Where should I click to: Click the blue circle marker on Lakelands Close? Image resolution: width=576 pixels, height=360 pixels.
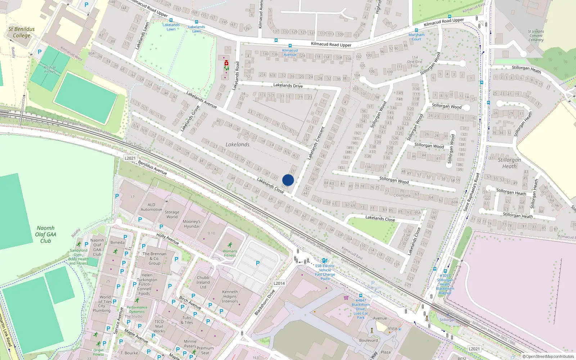[288, 180]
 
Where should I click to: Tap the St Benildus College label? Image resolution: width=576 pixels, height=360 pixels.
[22, 32]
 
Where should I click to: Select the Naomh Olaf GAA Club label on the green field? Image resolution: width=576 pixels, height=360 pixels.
[46, 234]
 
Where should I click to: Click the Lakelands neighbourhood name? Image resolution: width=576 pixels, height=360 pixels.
[237, 144]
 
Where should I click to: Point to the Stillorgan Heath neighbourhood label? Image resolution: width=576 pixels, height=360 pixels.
[509, 163]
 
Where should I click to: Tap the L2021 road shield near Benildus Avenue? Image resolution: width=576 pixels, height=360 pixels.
[130, 158]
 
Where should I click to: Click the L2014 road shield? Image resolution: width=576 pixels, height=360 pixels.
[279, 283]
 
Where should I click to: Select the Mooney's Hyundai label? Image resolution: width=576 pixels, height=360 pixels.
[192, 224]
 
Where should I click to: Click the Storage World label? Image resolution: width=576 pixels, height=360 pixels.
[172, 215]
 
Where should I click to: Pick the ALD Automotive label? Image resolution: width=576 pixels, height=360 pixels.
[151, 207]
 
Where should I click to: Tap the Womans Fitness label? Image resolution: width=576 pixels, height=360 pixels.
[230, 253]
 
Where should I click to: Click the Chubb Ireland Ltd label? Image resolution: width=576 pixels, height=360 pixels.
[203, 282]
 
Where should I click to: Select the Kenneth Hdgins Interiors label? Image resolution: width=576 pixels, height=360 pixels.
[230, 296]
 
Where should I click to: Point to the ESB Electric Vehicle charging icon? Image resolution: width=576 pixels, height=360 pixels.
[325, 261]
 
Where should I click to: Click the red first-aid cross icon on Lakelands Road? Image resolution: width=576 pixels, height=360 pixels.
[226, 63]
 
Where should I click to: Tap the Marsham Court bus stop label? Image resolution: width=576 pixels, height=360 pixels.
[417, 37]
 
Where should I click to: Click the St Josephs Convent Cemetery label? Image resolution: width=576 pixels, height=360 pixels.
[536, 36]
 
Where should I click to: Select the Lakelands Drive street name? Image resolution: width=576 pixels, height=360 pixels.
[288, 85]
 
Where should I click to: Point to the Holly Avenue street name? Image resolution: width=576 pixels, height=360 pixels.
[168, 238]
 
